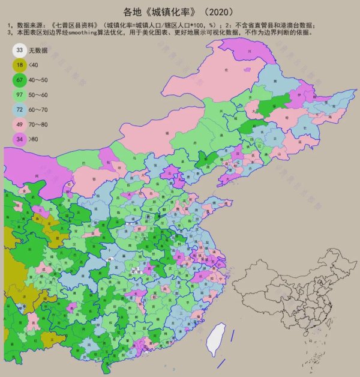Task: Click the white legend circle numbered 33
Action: point(20,50)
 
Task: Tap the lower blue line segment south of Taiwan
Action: point(220,363)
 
